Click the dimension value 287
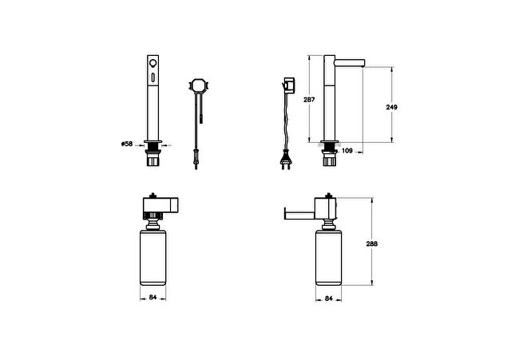[309, 100]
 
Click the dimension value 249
[391, 107]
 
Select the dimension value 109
[347, 151]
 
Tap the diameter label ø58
[127, 144]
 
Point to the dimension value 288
[371, 243]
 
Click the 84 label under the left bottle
[153, 297]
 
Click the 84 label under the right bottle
[328, 298]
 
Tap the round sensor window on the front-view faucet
[153, 63]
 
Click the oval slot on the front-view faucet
[153, 77]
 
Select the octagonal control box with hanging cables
[199, 85]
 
